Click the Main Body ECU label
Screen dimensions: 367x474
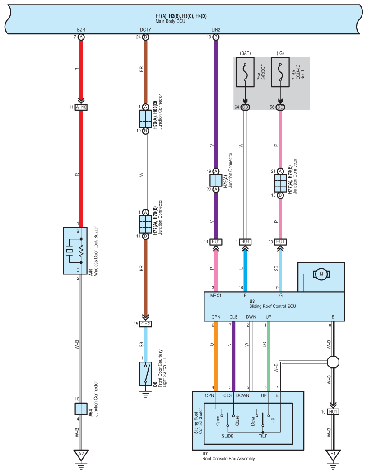coord(170,22)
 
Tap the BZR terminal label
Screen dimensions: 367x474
coord(81,30)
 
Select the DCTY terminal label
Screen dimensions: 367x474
coord(145,30)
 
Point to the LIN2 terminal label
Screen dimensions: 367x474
coord(216,30)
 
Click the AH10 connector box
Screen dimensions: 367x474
coord(81,107)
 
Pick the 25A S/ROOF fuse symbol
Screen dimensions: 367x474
coord(245,72)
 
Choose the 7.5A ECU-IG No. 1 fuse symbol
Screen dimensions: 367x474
coord(280,72)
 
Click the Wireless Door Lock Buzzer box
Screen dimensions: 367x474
coord(75,251)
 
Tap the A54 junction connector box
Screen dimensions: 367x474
coord(81,409)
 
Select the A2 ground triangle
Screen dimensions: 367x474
coord(81,455)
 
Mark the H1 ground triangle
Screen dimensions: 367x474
coord(333,455)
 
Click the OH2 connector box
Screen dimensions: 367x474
coord(146,324)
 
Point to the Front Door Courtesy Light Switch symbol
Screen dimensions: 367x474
coord(146,374)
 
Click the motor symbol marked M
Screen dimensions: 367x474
coord(321,274)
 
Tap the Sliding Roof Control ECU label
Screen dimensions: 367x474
coord(272,306)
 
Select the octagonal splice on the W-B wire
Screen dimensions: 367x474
coord(333,362)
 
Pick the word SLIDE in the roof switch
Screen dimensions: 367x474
coord(228,436)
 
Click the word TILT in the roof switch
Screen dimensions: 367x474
coord(262,436)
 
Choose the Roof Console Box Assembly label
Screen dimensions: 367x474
coord(228,459)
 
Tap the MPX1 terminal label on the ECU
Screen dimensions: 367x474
coord(216,295)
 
